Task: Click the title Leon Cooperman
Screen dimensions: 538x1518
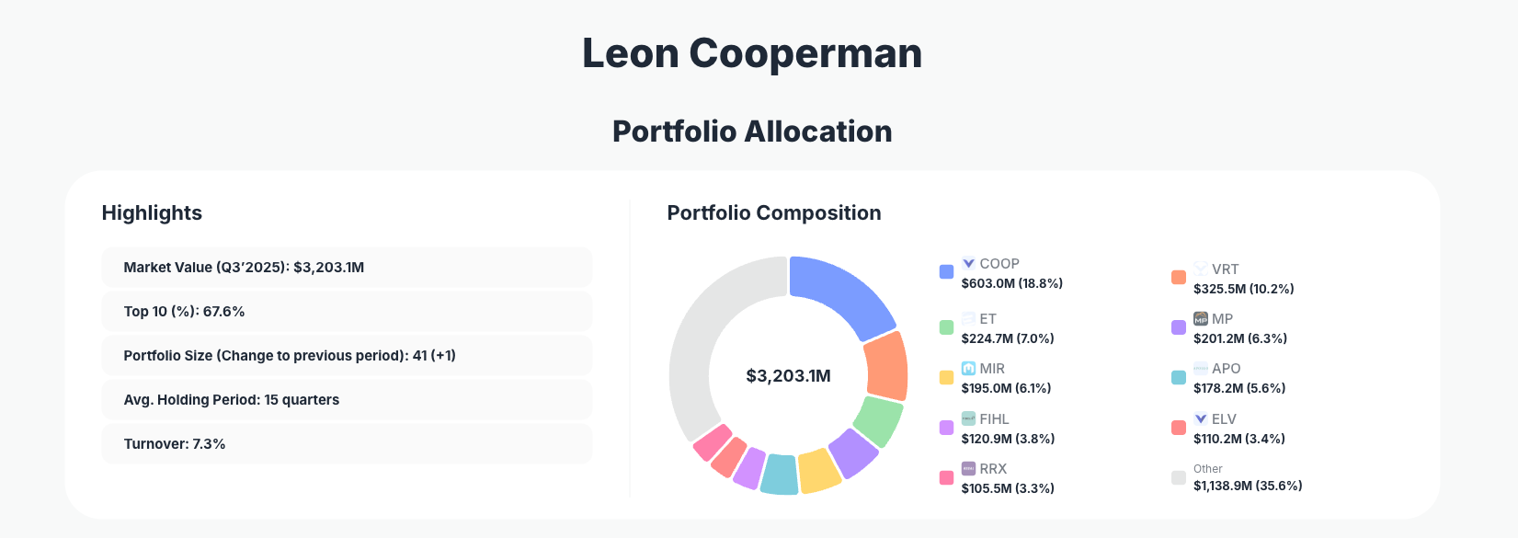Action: coord(752,53)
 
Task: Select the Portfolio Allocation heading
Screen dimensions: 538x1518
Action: coord(752,132)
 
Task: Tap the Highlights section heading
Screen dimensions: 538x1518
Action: coord(152,213)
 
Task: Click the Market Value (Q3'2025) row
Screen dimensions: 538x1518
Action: coord(347,268)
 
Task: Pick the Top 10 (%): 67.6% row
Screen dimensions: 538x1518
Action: coord(347,312)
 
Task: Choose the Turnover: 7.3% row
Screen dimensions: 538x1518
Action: coord(347,444)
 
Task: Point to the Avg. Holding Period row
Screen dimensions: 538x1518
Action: coord(347,400)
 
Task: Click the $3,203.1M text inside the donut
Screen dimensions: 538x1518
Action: coord(788,376)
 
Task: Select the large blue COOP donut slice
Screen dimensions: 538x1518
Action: coord(841,293)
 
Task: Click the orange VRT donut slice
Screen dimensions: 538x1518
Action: coord(886,366)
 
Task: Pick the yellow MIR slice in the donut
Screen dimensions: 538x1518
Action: coord(817,470)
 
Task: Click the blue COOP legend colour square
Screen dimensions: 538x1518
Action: coord(946,272)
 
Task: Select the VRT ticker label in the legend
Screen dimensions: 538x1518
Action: coord(1225,269)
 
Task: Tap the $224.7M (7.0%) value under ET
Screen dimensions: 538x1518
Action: coord(1008,338)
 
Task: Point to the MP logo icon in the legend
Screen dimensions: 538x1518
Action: coord(1200,319)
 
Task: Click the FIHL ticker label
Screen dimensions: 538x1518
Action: coord(994,419)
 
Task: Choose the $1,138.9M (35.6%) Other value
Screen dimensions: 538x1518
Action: coord(1248,486)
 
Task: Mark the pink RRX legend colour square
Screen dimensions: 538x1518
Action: coord(946,478)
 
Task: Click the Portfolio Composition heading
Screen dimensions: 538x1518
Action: coord(774,213)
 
